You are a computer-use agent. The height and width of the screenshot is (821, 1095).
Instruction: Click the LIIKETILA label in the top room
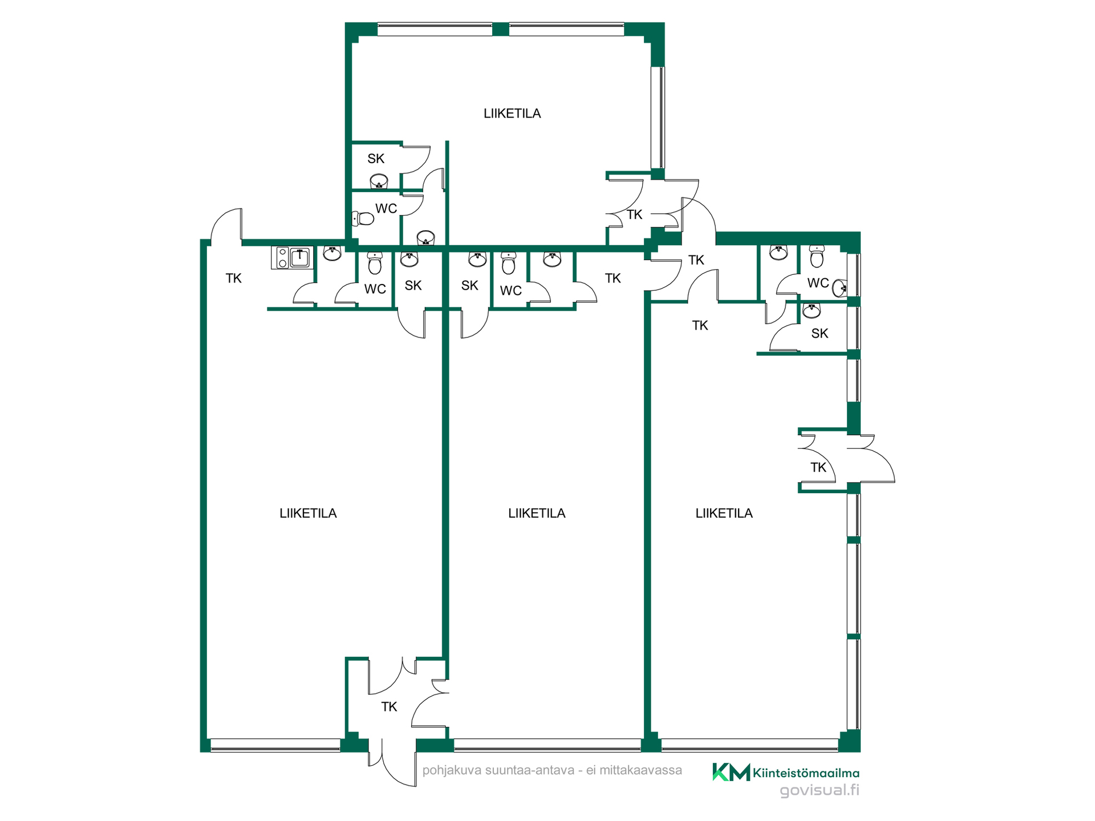coord(512,113)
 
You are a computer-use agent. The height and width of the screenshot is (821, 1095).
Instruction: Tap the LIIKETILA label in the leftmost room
coord(308,513)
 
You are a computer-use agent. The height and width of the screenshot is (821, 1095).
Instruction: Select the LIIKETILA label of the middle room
coord(537,513)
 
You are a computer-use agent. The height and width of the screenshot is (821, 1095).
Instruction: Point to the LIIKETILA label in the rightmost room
coord(724,513)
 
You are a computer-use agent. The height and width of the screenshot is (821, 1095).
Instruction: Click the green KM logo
coord(731,772)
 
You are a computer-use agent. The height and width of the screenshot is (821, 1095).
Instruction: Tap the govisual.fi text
coord(820,790)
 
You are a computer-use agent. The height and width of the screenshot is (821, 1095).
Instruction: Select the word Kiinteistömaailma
coord(806,774)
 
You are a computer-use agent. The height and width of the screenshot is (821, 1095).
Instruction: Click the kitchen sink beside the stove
coord(300,258)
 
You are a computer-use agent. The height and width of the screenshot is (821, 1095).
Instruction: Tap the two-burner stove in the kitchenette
coord(282,258)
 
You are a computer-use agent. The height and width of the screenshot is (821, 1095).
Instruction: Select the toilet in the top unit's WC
coord(363,218)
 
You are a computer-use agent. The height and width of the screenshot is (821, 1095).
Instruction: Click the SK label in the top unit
coord(376,158)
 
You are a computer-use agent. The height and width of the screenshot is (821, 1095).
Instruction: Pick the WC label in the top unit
coord(386,209)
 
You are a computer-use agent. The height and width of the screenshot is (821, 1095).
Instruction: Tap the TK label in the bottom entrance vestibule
coord(389,707)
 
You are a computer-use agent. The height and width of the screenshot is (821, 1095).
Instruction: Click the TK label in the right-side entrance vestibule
coord(818,468)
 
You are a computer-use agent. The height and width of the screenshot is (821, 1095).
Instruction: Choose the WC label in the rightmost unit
coord(818,283)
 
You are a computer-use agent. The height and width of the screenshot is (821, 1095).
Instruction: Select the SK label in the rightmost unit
coord(820,334)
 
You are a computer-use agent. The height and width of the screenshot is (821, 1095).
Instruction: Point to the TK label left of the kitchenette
coord(233,278)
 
